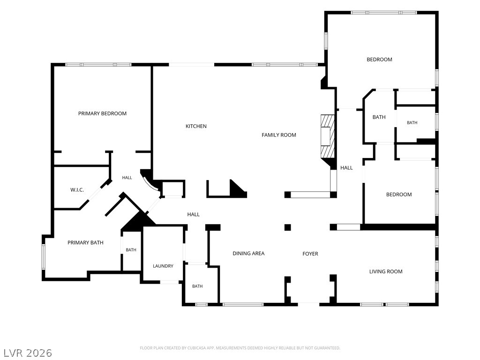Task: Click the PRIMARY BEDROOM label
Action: point(102,113)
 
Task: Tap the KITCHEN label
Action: point(196,126)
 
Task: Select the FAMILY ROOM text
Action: point(279,135)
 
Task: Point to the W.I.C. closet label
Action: point(77,190)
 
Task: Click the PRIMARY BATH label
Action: point(85,243)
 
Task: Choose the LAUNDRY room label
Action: point(163,266)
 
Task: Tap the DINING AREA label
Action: point(248,254)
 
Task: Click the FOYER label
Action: point(310,254)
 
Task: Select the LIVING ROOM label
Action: point(386,271)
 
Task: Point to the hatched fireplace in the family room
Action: point(328,136)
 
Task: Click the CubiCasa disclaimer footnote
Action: point(240,348)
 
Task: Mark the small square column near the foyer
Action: point(287,227)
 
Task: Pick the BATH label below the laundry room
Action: point(197,286)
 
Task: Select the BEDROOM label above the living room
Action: point(399,195)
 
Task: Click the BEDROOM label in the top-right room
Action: point(379,60)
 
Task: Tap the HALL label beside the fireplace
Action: point(346,168)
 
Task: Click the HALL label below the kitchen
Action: point(194,215)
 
